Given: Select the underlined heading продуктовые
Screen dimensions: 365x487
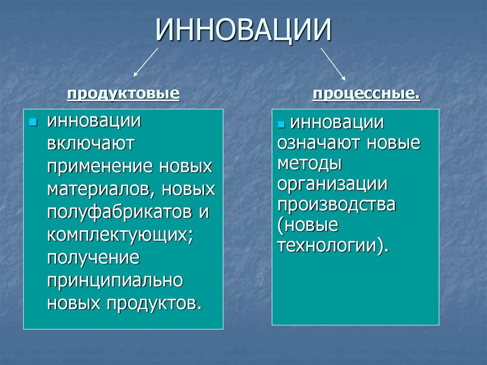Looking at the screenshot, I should click(123, 94).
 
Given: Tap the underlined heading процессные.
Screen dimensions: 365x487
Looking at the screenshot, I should click(366, 94).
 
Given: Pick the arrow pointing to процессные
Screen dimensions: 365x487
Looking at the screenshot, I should click(333, 63).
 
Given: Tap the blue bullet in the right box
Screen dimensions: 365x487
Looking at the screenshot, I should click(281, 125).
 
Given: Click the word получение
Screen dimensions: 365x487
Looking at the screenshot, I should click(93, 258).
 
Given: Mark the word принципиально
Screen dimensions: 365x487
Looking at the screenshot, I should click(115, 281).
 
